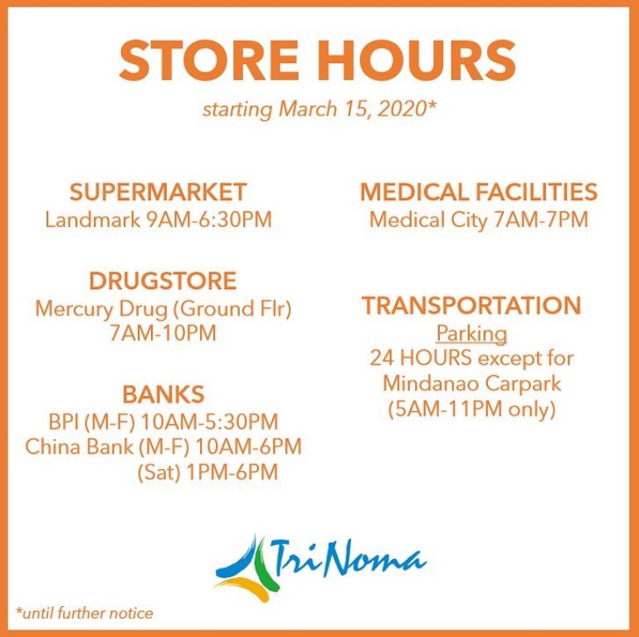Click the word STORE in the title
[208, 61]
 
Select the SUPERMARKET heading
[158, 192]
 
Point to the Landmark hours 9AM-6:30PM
[209, 220]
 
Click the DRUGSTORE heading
[163, 281]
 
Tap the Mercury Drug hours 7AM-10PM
[163, 333]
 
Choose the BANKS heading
[163, 394]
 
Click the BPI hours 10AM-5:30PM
[209, 421]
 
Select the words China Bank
[79, 446]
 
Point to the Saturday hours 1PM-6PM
[232, 473]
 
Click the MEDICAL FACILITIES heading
[479, 192]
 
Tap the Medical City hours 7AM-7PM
[541, 220]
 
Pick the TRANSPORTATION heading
[471, 305]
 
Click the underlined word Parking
[471, 335]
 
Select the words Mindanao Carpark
[472, 384]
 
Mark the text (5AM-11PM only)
[472, 409]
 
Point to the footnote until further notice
[85, 613]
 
